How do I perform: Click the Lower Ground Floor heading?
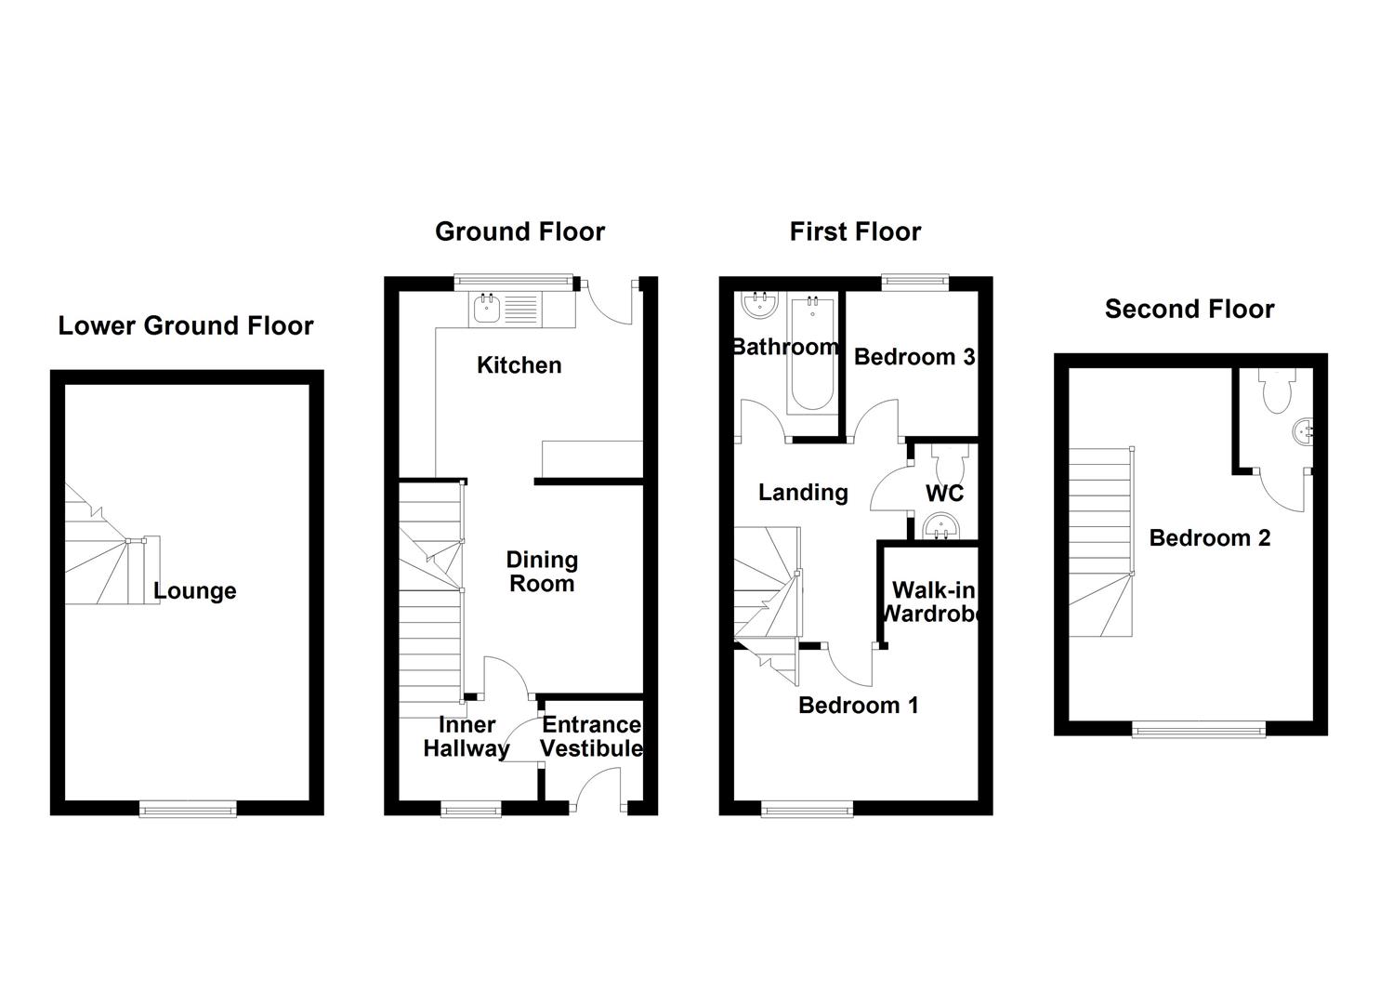pyautogui.click(x=186, y=325)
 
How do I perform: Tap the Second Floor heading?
pyautogui.click(x=1189, y=309)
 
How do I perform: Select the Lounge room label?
pyautogui.click(x=195, y=591)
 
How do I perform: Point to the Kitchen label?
pyautogui.click(x=519, y=365)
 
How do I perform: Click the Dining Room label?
pyautogui.click(x=542, y=572)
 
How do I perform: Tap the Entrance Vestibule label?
pyautogui.click(x=591, y=736)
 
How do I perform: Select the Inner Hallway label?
pyautogui.click(x=467, y=736)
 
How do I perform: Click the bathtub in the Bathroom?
pyautogui.click(x=813, y=353)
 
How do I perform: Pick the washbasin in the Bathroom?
pyautogui.click(x=761, y=307)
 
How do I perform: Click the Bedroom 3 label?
pyautogui.click(x=914, y=357)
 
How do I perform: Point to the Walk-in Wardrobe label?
pyautogui.click(x=932, y=601)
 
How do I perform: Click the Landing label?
pyautogui.click(x=803, y=493)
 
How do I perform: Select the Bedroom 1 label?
pyautogui.click(x=858, y=706)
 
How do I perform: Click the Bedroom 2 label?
pyautogui.click(x=1209, y=538)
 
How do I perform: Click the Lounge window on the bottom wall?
pyautogui.click(x=188, y=810)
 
